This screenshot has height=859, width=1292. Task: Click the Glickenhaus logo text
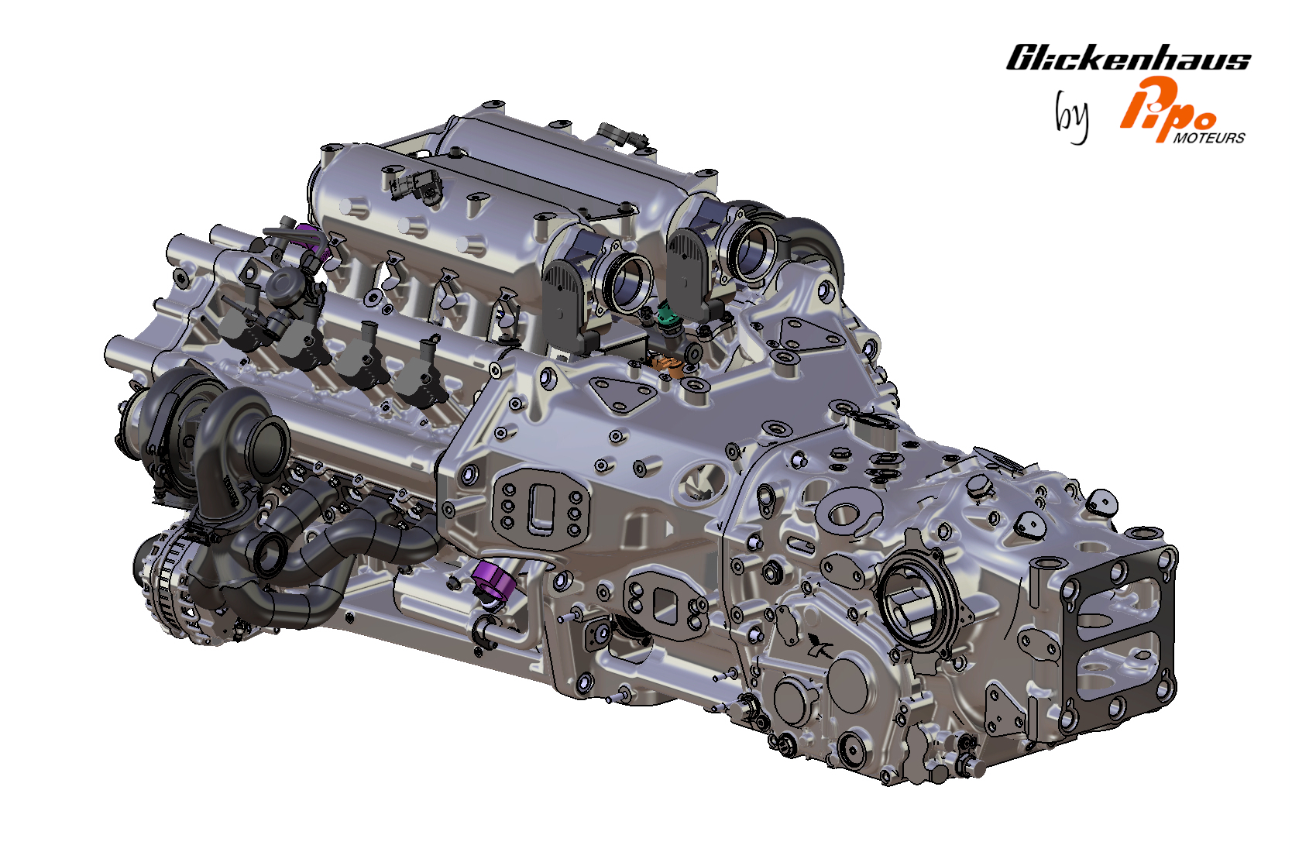tap(1129, 57)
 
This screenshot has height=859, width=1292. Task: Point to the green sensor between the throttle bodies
tap(668, 318)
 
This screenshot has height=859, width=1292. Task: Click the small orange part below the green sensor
tap(667, 363)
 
